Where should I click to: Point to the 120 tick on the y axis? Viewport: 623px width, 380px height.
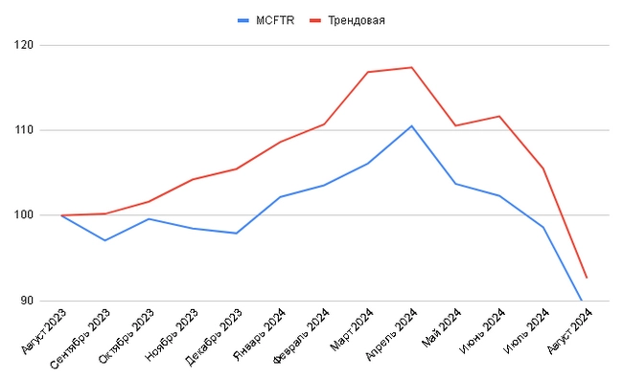pos(24,45)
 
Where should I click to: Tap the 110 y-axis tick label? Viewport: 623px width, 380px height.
pos(24,130)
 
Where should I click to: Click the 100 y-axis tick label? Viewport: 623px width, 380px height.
pos(24,215)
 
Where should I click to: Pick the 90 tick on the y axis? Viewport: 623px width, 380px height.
pos(27,301)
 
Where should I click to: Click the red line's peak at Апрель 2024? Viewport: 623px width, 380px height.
pos(411,67)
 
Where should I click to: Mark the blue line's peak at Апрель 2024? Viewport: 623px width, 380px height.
pos(411,125)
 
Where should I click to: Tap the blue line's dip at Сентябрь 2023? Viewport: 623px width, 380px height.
pos(105,240)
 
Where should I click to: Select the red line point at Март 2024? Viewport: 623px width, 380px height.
pos(367,72)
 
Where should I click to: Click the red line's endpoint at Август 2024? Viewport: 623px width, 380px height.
pos(586,278)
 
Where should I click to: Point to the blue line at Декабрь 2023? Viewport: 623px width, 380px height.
pos(236,234)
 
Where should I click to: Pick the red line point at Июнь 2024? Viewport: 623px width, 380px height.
pos(498,116)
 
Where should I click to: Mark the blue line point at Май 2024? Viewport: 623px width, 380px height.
pos(455,184)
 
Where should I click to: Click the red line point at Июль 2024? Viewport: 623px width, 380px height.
pos(542,168)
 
